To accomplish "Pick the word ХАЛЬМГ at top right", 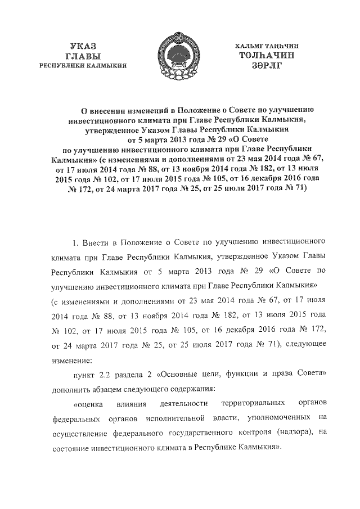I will (x=247, y=45).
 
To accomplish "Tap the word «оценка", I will (x=88, y=403).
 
